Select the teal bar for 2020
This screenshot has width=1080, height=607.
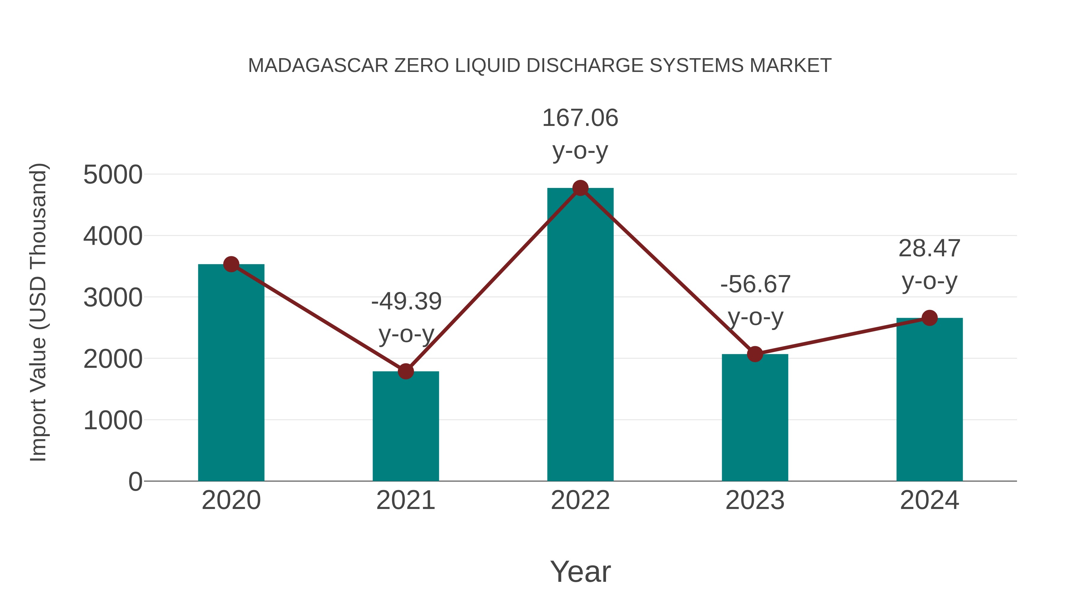click(231, 373)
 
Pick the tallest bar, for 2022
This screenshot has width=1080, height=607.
click(580, 335)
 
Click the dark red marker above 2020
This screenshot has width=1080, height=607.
click(231, 264)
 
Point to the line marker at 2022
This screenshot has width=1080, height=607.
click(580, 188)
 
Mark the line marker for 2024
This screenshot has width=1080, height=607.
click(929, 318)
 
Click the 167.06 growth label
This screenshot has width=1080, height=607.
click(580, 118)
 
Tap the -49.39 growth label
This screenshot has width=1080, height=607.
click(406, 302)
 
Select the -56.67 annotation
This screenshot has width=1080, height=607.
click(755, 284)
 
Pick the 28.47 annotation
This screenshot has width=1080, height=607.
click(929, 248)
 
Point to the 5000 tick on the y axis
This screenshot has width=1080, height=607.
click(113, 175)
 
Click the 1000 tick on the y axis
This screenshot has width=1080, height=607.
click(113, 420)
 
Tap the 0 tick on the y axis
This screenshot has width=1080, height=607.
click(135, 481)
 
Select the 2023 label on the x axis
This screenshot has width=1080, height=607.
click(755, 500)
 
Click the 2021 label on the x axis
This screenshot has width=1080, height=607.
click(405, 500)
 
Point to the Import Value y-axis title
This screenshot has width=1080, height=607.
click(38, 312)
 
